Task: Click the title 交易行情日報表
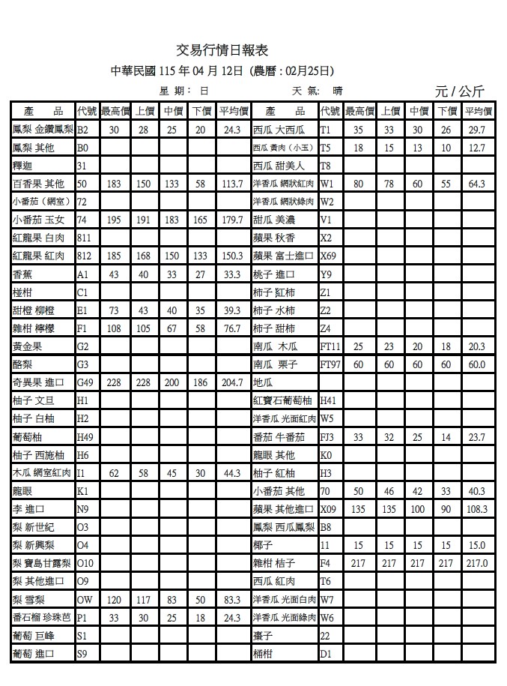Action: pyautogui.click(x=222, y=50)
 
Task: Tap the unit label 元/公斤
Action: pyautogui.click(x=459, y=91)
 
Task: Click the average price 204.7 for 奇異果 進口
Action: pyautogui.click(x=232, y=382)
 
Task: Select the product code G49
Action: pyautogui.click(x=85, y=382)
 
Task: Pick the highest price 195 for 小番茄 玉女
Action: pyautogui.click(x=115, y=220)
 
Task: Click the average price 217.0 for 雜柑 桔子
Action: pyautogui.click(x=476, y=563)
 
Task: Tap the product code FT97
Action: pyautogui.click(x=330, y=364)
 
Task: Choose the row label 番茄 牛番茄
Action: pyautogui.click(x=279, y=437)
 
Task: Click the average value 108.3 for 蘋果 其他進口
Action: pyautogui.click(x=476, y=509)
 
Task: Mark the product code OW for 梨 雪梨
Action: pyautogui.click(x=84, y=600)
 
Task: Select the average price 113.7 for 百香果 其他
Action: pyautogui.click(x=232, y=184)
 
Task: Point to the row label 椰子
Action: pyautogui.click(x=261, y=545)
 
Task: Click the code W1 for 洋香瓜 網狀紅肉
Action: pyautogui.click(x=327, y=184)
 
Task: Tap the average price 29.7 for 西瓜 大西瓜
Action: pyautogui.click(x=476, y=130)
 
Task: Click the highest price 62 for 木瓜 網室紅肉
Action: pyautogui.click(x=115, y=473)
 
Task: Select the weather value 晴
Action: pyautogui.click(x=338, y=91)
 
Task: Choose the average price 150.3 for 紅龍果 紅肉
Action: pyautogui.click(x=232, y=256)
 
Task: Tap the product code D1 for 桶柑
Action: pyautogui.click(x=325, y=654)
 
